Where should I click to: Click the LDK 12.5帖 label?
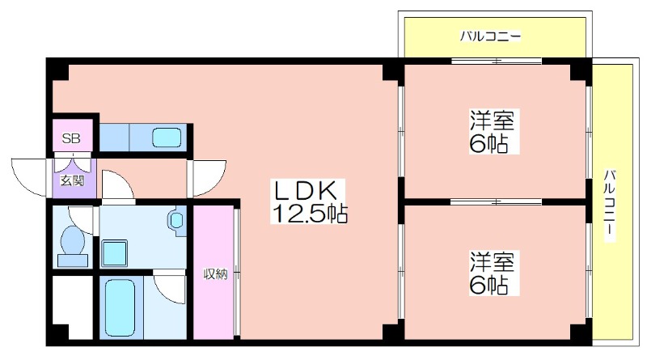309,201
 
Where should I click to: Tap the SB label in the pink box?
71,138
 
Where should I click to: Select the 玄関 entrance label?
72,181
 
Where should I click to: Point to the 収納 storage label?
215,274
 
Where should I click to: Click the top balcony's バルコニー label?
491,36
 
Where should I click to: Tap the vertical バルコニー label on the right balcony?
610,205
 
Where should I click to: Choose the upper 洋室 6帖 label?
493,132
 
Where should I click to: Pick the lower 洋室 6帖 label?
493,273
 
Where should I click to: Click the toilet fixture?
73,247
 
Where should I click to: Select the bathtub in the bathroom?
120,307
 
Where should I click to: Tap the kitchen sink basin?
167,137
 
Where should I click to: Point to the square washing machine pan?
114,253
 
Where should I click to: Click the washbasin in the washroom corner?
177,220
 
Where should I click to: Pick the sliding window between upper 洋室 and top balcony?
496,61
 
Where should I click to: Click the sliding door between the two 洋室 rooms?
496,202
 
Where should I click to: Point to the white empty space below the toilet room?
73,307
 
